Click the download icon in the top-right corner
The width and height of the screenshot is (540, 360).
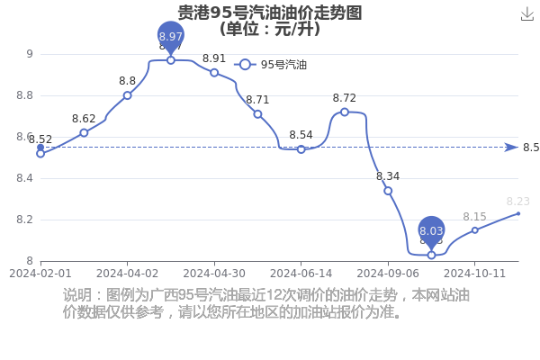[526, 14]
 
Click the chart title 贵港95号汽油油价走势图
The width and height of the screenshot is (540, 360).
[270, 13]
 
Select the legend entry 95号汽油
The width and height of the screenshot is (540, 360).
[270, 65]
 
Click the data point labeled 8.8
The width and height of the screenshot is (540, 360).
[128, 95]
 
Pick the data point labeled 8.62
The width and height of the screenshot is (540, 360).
[84, 132]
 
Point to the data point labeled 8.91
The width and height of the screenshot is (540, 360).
[214, 73]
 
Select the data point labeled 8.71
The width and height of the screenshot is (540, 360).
[257, 114]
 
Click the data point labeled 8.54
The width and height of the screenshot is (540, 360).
[301, 149]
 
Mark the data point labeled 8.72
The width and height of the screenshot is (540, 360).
[345, 112]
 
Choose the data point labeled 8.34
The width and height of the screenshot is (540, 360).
[388, 191]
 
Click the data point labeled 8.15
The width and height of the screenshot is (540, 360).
[475, 230]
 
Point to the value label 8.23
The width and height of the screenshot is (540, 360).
[518, 202]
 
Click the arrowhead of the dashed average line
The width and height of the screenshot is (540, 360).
[511, 148]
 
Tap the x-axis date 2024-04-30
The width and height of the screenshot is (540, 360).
[214, 274]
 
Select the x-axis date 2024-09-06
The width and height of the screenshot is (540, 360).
[388, 274]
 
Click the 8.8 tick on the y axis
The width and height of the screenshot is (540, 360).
[25, 95]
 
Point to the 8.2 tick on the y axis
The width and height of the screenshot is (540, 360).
[25, 220]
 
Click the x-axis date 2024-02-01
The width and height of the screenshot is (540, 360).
[40, 274]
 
